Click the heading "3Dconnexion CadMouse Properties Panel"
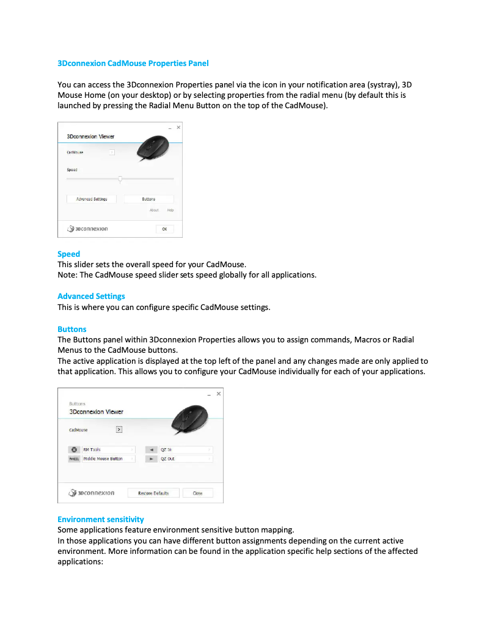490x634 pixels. [133, 63]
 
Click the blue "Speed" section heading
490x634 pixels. [68, 254]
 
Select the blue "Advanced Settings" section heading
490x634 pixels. [91, 296]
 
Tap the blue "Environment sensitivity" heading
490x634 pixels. [100, 519]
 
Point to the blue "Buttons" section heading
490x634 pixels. [71, 329]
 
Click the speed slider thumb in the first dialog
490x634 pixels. [120, 179]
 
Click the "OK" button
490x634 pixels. [164, 229]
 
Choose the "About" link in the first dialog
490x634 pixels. [154, 210]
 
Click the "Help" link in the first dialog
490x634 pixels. [170, 210]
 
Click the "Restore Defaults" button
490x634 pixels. [153, 493]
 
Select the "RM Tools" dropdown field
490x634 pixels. [108, 449]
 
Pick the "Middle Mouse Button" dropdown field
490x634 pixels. [108, 459]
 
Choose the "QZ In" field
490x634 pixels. [185, 449]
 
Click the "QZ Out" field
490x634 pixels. [185, 459]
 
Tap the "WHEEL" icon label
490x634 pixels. [74, 459]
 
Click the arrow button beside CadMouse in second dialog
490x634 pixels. [119, 429]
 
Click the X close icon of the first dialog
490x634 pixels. [178, 127]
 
